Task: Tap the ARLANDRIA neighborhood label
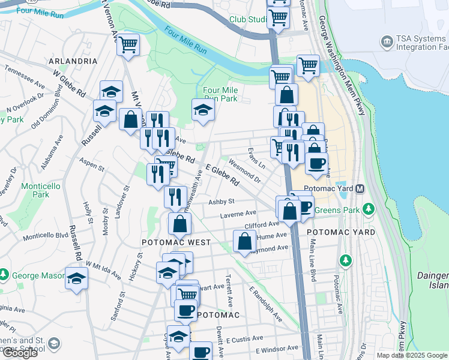73,61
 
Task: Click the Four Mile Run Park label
221,94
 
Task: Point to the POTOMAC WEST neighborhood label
176,242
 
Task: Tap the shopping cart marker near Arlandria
128,44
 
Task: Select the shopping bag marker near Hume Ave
244,241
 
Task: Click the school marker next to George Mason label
76,278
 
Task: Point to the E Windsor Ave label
277,349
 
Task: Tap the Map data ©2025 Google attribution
412,355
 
